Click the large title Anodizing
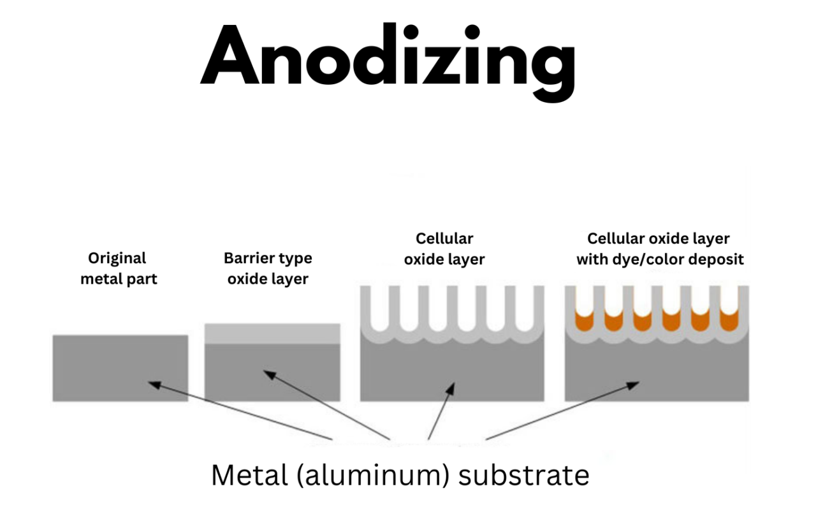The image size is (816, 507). click(x=388, y=56)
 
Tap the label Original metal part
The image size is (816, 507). click(x=118, y=268)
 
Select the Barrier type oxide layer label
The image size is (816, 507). click(x=268, y=268)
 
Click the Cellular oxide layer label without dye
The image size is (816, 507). click(x=444, y=249)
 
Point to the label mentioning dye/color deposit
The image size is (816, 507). click(x=659, y=249)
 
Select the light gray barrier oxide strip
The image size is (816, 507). click(x=272, y=334)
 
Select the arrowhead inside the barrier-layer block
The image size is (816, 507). click(x=269, y=374)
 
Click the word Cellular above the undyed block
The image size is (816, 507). click(x=444, y=239)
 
